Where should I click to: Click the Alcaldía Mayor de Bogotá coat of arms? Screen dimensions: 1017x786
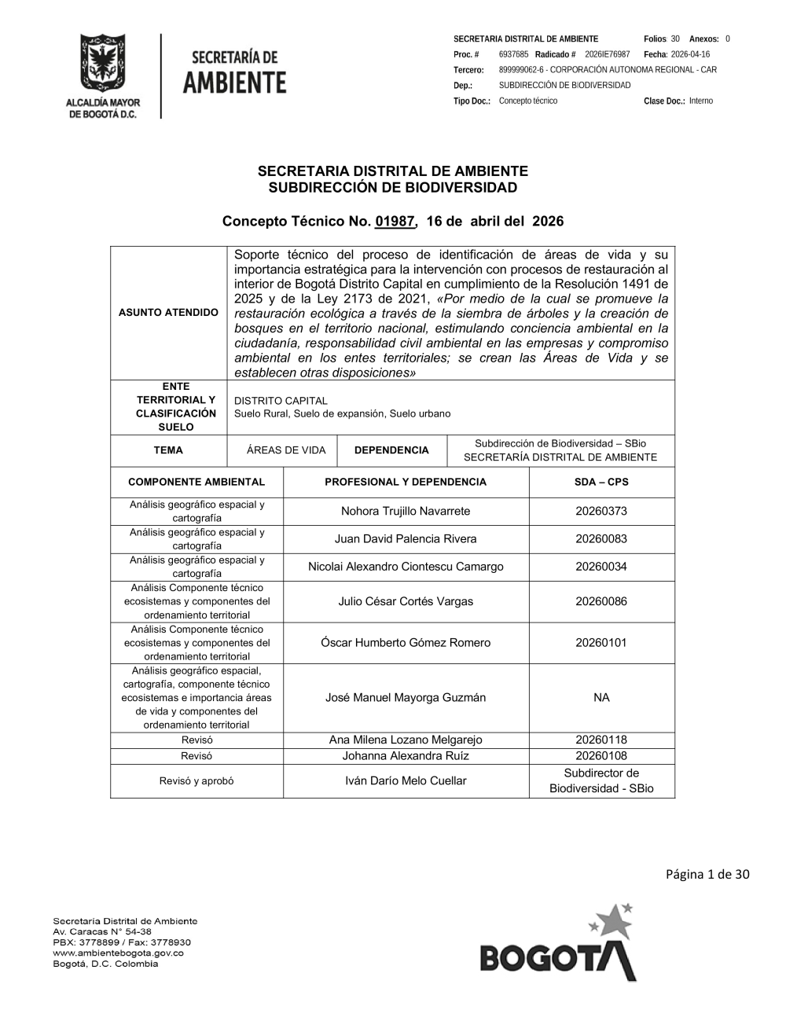point(101,64)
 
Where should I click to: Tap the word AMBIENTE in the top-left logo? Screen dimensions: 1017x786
point(234,83)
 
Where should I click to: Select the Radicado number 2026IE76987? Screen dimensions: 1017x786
point(607,54)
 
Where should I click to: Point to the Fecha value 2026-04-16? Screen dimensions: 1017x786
point(690,54)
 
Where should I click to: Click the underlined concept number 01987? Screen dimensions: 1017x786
point(395,222)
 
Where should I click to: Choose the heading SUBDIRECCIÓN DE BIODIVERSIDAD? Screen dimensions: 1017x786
point(393,188)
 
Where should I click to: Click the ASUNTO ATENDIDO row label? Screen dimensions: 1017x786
point(168,313)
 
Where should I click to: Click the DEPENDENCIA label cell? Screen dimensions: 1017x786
point(391,450)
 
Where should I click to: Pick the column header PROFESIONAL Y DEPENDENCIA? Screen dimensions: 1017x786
point(406,482)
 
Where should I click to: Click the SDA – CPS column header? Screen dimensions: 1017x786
point(601,482)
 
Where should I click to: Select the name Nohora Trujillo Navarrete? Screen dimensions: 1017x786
point(406,512)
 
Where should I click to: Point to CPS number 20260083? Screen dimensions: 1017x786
point(601,539)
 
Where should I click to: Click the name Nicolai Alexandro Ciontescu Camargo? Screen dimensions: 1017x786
point(406,567)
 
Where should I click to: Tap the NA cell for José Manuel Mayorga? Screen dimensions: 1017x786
point(601,698)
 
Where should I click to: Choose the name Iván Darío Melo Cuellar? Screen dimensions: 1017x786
point(406,781)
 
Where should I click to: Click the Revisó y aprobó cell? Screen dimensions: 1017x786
point(196,781)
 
